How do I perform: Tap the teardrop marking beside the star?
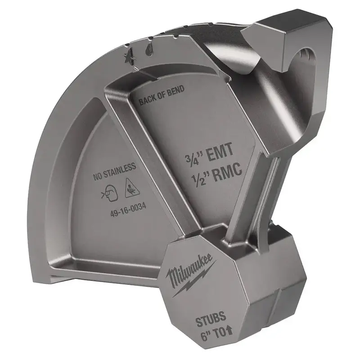pyautogui.click(x=148, y=49)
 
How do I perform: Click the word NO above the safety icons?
pyautogui.click(x=97, y=177)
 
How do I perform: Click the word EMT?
pyautogui.click(x=220, y=152)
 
